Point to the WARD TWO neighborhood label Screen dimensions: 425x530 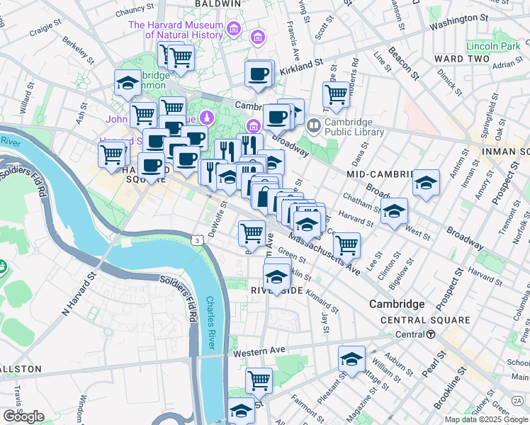coord(461,58)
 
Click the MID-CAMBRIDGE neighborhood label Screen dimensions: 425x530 coord(380,174)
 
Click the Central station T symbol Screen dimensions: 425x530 coord(430,334)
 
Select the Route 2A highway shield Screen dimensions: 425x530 coord(517,401)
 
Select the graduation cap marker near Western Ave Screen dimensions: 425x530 coord(351,358)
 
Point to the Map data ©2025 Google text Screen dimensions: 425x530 coord(486,419)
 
